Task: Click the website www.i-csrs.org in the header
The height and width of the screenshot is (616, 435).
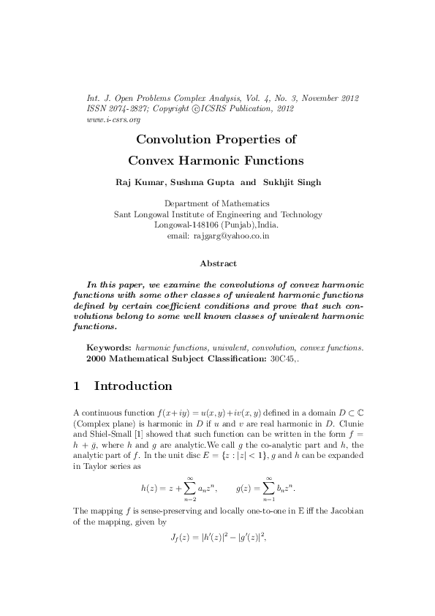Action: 103,119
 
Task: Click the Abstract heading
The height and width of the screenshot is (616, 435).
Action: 217,263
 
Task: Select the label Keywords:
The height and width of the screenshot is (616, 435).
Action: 109,348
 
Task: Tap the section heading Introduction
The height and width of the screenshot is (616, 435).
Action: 133,386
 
